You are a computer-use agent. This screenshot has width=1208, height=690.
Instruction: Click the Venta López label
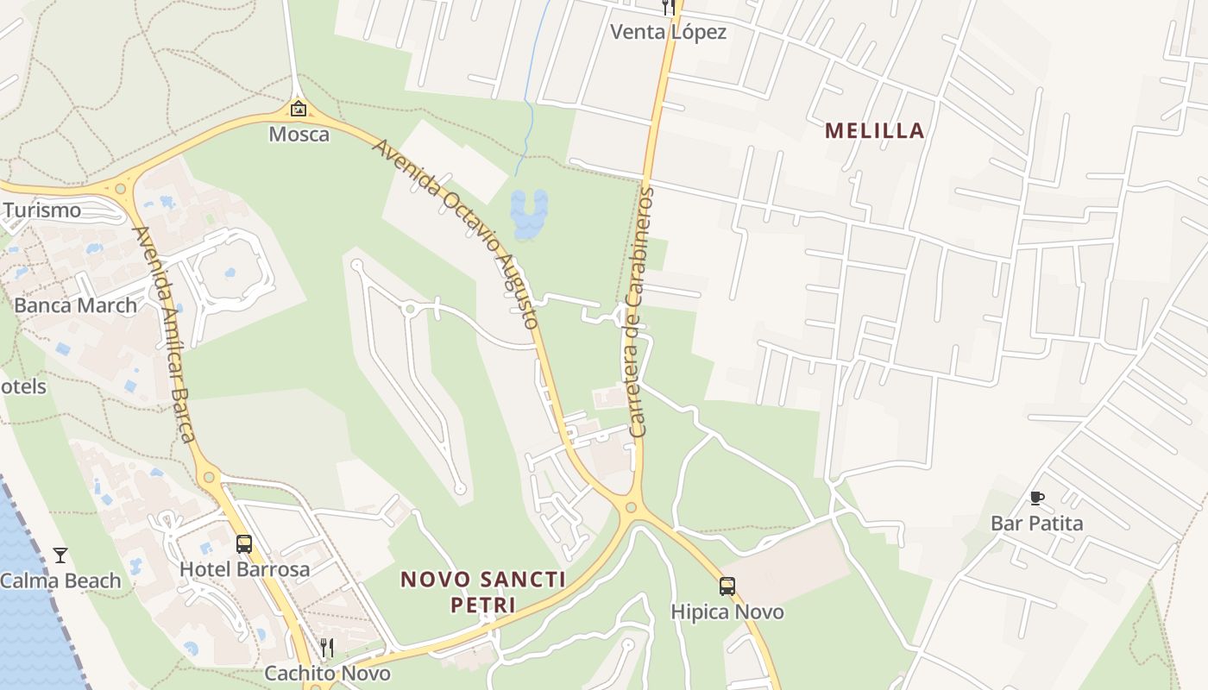click(668, 33)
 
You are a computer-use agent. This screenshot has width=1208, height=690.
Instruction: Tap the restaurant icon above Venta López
click(668, 7)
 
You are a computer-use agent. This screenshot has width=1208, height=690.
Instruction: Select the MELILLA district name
click(875, 131)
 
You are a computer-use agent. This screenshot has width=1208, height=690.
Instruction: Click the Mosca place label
click(299, 135)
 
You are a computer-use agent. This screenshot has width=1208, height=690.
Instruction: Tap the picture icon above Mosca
click(299, 109)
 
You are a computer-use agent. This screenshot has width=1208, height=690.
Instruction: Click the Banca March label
click(76, 305)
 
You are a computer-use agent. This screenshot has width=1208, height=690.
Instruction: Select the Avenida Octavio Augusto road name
click(456, 233)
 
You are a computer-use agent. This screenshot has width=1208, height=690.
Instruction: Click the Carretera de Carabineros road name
click(639, 311)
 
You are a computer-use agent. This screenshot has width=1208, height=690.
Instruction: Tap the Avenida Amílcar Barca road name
click(164, 335)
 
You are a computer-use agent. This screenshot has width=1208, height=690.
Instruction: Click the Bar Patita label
click(1036, 524)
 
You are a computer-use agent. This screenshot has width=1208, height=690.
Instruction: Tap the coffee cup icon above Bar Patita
click(1036, 498)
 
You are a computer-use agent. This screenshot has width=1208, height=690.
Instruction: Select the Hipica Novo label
click(727, 612)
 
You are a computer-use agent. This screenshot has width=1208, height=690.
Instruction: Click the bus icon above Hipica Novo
click(727, 586)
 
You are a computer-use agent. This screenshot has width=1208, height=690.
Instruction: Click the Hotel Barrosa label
click(244, 570)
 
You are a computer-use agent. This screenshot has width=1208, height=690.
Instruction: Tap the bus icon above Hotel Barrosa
click(244, 544)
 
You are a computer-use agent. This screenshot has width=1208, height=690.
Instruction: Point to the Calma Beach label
click(60, 581)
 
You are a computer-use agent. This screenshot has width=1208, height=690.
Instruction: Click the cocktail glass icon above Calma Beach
click(60, 555)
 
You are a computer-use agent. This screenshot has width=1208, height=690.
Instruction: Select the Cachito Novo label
click(327, 674)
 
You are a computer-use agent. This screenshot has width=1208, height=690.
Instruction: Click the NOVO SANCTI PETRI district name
click(483, 592)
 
